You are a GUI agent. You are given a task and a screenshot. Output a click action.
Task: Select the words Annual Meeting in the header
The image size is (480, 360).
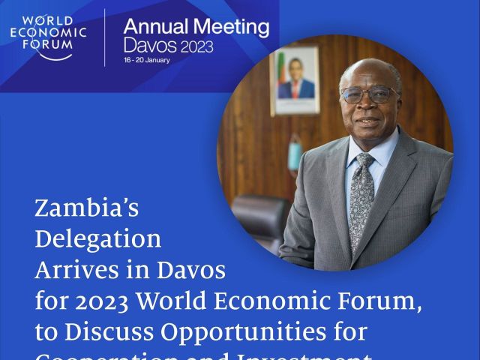[196, 28]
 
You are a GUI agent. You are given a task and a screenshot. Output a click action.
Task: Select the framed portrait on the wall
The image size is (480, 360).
[295, 80]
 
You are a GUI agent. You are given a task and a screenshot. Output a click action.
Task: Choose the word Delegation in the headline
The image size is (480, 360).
[97, 239]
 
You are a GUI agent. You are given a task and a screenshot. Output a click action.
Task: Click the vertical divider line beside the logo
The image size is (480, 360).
[105, 37]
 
